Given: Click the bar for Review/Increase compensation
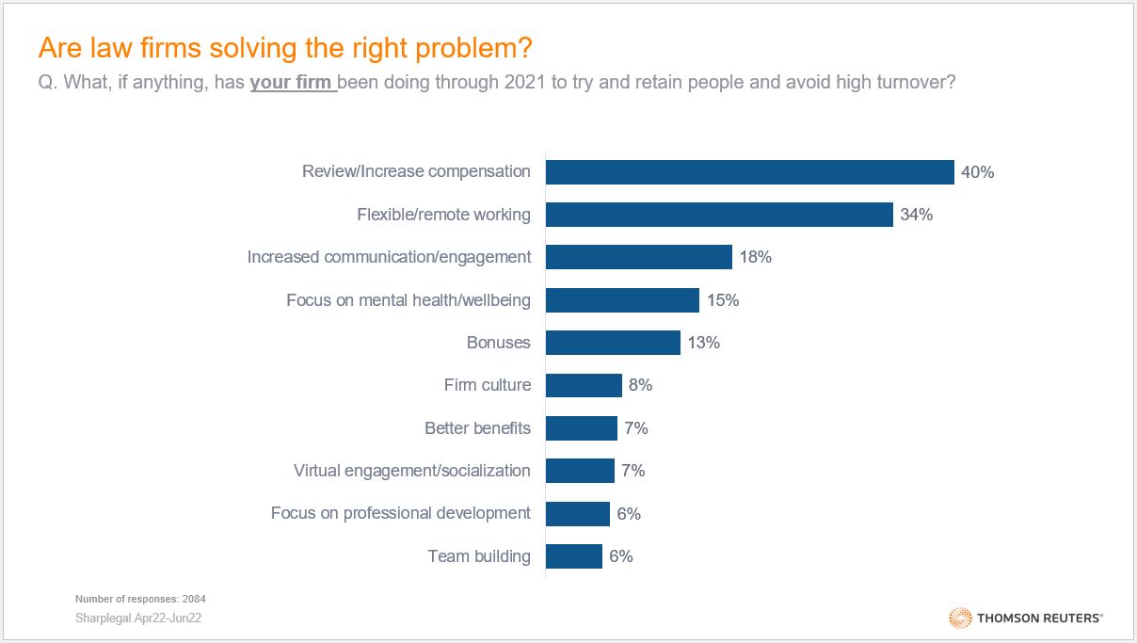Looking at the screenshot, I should pyautogui.click(x=749, y=172).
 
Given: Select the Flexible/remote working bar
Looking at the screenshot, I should pyautogui.click(x=719, y=215).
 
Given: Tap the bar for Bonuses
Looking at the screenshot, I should pyautogui.click(x=613, y=343).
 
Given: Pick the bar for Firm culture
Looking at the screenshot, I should pyautogui.click(x=584, y=385).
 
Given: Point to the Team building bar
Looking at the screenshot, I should pyautogui.click(x=573, y=556).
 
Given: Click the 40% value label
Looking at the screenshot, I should pyautogui.click(x=977, y=172).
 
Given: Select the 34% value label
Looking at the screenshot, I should pyautogui.click(x=916, y=215).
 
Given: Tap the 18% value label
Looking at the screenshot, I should pyautogui.click(x=755, y=257).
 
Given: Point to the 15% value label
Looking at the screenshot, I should pyautogui.click(x=722, y=300).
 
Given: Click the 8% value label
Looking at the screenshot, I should pyautogui.click(x=640, y=385).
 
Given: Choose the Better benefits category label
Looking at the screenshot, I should pyautogui.click(x=477, y=428).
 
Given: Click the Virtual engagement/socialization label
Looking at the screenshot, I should pyautogui.click(x=411, y=471).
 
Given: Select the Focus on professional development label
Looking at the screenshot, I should pyautogui.click(x=400, y=513).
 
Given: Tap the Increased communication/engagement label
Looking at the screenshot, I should pyautogui.click(x=389, y=257).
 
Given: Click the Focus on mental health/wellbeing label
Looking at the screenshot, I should pyautogui.click(x=408, y=300).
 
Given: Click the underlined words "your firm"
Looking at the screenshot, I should pyautogui.click(x=291, y=82).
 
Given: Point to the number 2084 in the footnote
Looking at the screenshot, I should pyautogui.click(x=195, y=599).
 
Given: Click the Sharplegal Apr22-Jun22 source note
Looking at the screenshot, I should pyautogui.click(x=138, y=619).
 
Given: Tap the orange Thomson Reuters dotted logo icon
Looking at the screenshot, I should pyautogui.click(x=960, y=618).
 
